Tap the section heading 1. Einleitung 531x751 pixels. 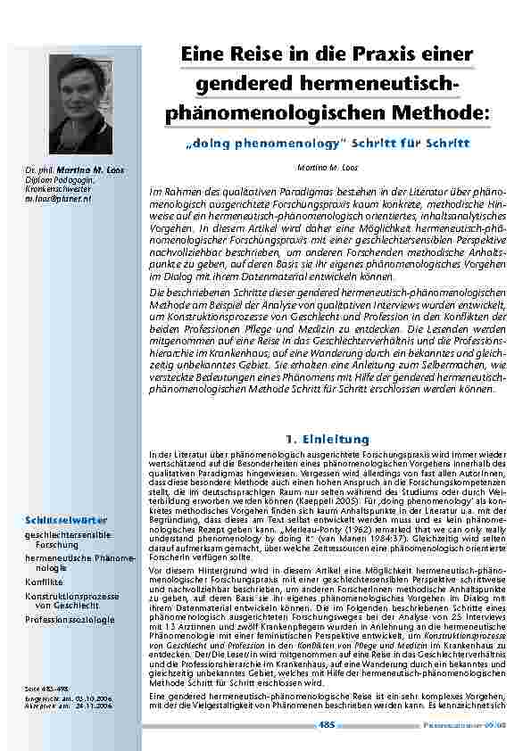tap(327, 439)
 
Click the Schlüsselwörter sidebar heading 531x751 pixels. tap(66, 520)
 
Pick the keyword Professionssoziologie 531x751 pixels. tap(70, 618)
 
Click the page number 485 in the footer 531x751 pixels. tap(328, 724)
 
